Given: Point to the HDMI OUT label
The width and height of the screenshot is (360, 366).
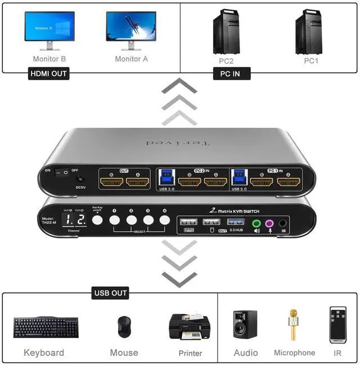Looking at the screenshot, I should pos(49,74).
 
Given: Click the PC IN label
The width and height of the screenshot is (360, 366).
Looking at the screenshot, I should pos(232,74).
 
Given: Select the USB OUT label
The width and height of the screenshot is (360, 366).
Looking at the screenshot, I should pos(110,293).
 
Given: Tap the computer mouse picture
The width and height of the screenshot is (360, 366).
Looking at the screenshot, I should pos(124,327).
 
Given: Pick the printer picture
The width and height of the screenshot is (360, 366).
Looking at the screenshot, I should pos(190,327).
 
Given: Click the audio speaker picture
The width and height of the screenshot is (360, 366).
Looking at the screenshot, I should pos(245,324).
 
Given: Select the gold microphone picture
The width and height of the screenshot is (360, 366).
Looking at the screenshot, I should pos(293,324).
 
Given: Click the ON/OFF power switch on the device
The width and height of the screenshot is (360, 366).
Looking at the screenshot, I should pos(66,170).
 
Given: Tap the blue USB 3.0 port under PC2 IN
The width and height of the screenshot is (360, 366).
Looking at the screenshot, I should pos(167,175).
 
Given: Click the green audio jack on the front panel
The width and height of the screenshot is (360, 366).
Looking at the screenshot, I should pos(256,224).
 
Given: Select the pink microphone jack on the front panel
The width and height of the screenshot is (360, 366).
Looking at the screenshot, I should pos(269,224).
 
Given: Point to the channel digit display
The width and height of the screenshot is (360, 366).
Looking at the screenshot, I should pos(74,220).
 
